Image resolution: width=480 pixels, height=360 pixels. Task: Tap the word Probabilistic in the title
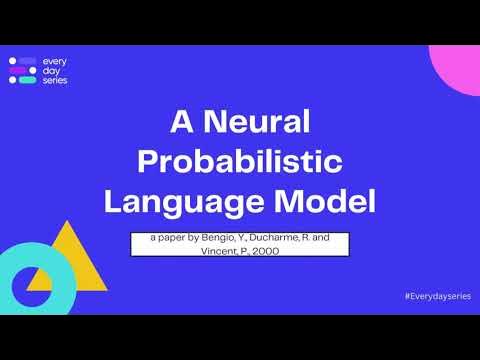tap(240, 162)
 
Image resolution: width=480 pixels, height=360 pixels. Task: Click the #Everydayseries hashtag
tap(434, 298)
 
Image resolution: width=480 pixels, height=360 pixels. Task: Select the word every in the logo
tap(55, 62)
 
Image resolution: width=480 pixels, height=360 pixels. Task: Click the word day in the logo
tap(51, 71)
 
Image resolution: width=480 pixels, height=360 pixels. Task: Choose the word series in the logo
tap(56, 80)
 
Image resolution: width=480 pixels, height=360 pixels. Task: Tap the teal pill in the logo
tap(28, 81)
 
